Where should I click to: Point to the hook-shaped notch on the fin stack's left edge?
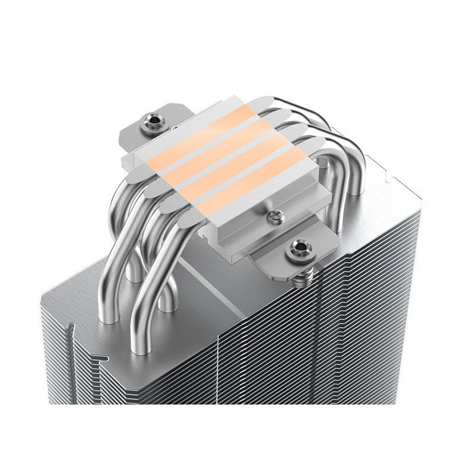(x=71, y=332)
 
